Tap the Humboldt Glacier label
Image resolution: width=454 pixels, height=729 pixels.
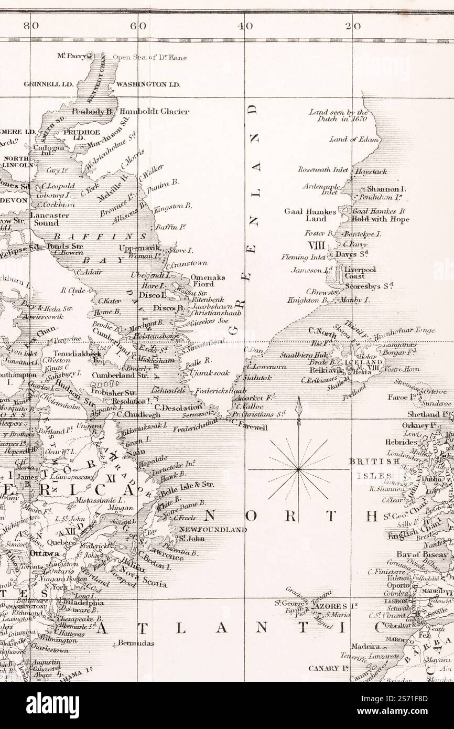coord(154,112)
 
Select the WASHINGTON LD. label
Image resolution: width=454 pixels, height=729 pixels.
coord(148,84)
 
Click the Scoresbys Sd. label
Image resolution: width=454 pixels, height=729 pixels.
coord(369,286)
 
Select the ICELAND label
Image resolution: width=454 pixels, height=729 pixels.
coord(363,362)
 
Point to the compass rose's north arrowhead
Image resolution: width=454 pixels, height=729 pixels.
coord(298,404)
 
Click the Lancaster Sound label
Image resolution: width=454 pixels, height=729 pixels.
coord(49,219)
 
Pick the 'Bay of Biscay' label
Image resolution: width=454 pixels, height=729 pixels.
coord(422,554)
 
